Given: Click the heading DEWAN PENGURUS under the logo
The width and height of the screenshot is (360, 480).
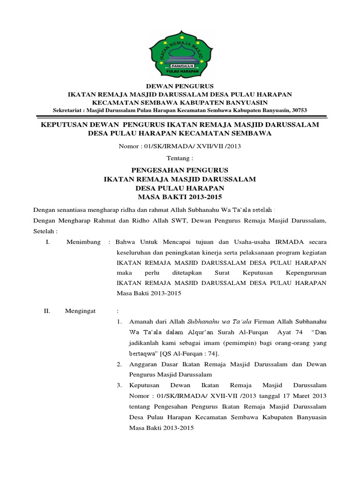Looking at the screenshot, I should click(180, 86).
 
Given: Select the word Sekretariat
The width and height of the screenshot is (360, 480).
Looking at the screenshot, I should click(68, 110).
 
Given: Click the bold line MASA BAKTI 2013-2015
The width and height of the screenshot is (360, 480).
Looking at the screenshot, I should click(180, 196).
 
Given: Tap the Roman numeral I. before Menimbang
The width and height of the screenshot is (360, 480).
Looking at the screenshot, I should click(47, 241).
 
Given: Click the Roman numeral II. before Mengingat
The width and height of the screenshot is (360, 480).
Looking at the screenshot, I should click(47, 311).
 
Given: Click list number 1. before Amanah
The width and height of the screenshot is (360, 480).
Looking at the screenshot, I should click(120, 322).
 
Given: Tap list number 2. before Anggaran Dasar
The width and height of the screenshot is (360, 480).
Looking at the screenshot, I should click(120, 364).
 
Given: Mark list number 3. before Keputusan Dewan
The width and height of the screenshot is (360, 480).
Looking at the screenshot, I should click(120, 385).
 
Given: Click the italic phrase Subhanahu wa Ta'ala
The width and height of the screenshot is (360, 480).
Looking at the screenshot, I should click(219, 322).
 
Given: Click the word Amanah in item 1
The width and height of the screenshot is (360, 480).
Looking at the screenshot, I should click(142, 322).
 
